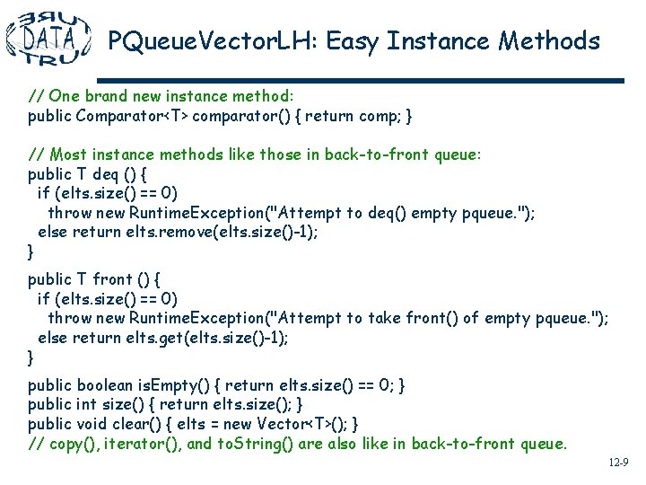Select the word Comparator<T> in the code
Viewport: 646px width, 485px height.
pyautogui.click(x=133, y=116)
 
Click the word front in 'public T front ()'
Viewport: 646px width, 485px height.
pyautogui.click(x=112, y=279)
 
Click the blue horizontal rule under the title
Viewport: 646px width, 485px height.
pyautogui.click(x=360, y=80)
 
